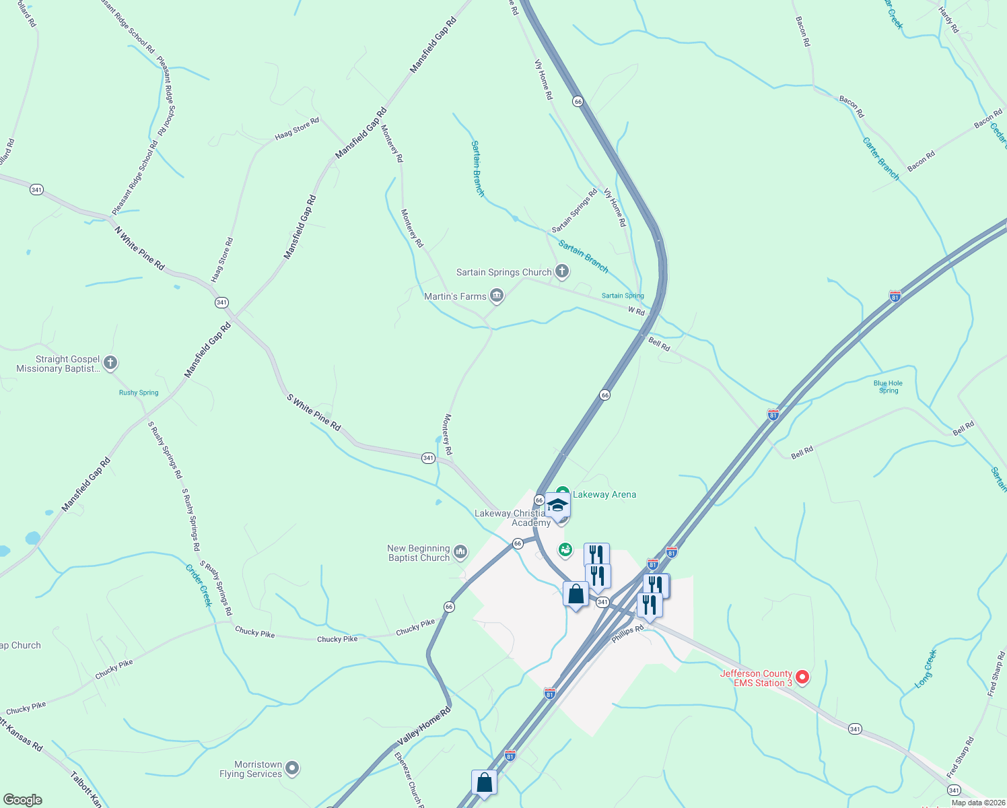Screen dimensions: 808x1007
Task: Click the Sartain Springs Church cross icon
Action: (562, 272)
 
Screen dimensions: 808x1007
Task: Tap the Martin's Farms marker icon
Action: (497, 296)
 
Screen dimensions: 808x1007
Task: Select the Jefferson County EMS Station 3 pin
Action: (802, 677)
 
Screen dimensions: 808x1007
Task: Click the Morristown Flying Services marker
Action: (291, 768)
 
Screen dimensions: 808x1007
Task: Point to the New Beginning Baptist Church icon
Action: (460, 552)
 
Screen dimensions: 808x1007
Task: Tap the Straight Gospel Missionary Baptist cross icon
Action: (110, 363)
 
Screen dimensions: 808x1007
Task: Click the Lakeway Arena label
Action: (604, 494)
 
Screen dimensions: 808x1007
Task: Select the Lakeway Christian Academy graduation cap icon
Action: (557, 505)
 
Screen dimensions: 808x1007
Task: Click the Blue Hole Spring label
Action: (888, 386)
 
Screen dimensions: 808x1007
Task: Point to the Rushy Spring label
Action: (139, 393)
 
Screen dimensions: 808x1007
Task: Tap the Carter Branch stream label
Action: (880, 159)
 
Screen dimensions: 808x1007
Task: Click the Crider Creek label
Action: (199, 585)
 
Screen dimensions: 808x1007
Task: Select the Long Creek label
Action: (926, 669)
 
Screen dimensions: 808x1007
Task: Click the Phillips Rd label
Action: (627, 634)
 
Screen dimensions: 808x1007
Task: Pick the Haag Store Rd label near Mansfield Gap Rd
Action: (297, 129)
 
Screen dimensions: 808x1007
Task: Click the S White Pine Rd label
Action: (314, 412)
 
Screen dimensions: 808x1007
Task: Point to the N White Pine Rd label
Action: (139, 248)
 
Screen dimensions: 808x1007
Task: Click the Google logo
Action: (23, 800)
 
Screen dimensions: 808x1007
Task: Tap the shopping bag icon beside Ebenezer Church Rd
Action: (484, 783)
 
